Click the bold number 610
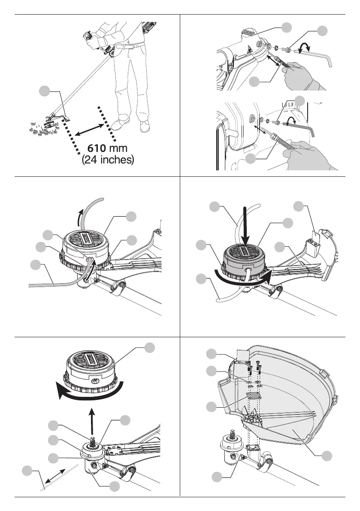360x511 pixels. (x=97, y=148)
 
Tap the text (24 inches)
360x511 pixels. (x=108, y=160)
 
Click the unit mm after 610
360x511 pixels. (x=118, y=149)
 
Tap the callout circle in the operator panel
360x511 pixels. (x=44, y=91)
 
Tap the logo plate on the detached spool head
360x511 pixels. (x=90, y=360)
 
